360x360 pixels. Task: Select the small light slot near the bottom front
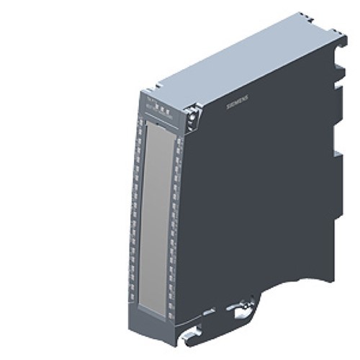(x=203, y=312)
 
